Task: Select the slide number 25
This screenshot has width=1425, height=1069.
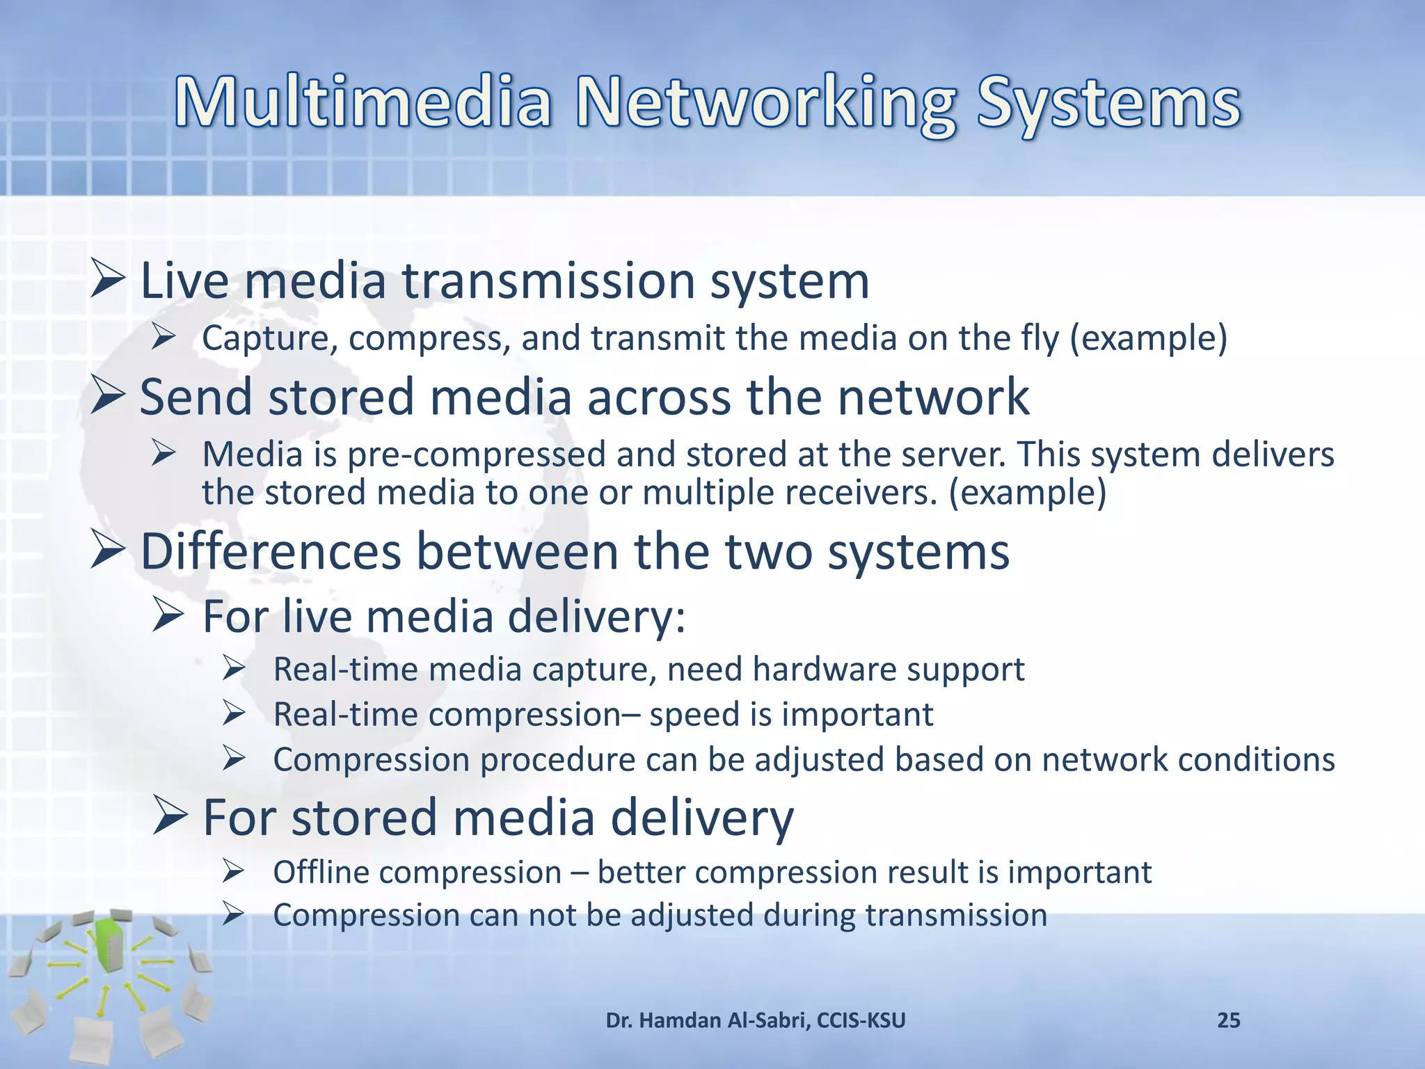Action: [1228, 1020]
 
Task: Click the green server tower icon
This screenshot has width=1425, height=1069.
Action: [108, 942]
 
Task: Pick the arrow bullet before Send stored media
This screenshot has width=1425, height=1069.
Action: [108, 395]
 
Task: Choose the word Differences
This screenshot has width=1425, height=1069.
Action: [271, 551]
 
